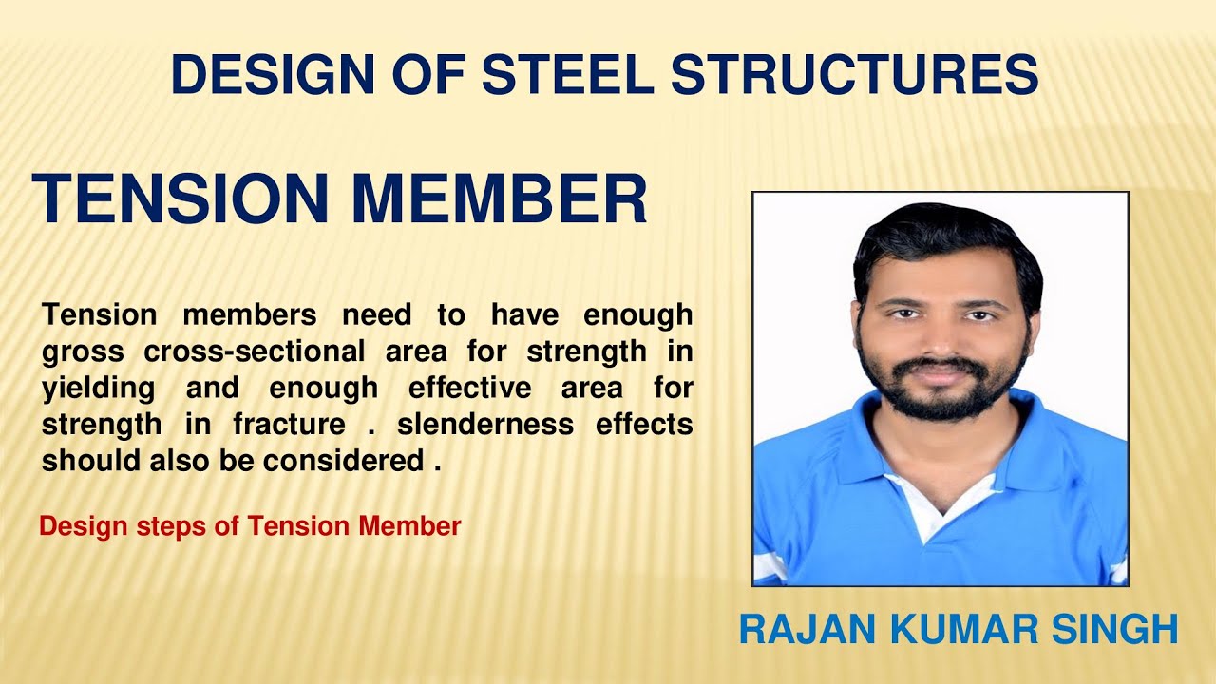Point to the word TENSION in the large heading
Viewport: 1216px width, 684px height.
[x=180, y=199]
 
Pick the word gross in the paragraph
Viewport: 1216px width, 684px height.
[x=83, y=351]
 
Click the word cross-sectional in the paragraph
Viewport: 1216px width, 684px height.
[x=255, y=351]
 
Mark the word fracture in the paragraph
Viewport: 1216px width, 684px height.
[x=291, y=424]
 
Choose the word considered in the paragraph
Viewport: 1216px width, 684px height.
[x=343, y=461]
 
